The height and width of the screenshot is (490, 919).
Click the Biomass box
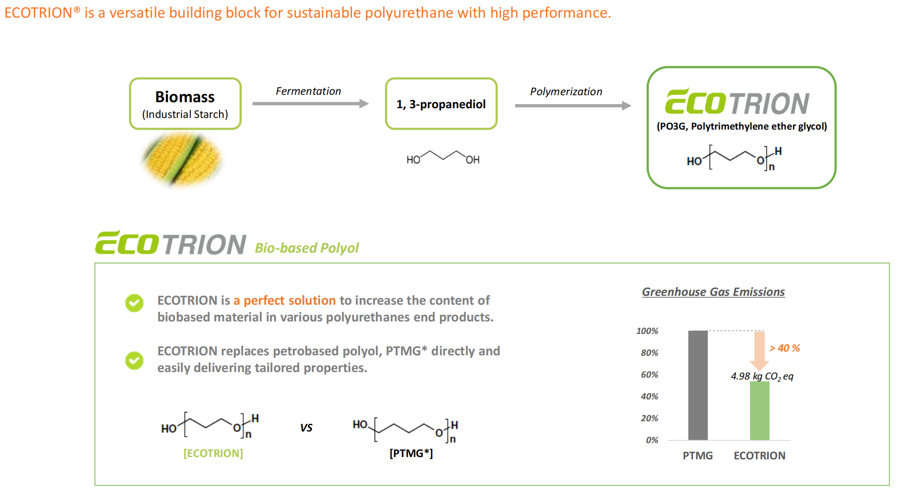[x=185, y=104]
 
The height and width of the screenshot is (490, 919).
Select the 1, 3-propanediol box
[x=441, y=104]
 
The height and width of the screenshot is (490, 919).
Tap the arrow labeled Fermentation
[x=311, y=104]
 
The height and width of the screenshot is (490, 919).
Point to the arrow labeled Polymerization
[x=573, y=105]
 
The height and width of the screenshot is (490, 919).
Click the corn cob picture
[x=182, y=159]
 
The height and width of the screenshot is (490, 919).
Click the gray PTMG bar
[x=698, y=385]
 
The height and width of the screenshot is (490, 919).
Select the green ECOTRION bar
[x=760, y=411]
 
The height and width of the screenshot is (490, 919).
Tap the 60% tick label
[x=649, y=374]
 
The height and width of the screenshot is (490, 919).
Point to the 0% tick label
[x=652, y=440]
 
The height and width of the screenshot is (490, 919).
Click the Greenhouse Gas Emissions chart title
[x=713, y=292]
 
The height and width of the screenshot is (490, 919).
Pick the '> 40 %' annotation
[x=785, y=348]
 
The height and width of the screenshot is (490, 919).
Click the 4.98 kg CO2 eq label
[x=762, y=376]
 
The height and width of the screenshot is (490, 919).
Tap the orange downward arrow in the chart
[x=759, y=351]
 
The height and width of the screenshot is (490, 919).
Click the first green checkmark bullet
[x=134, y=303]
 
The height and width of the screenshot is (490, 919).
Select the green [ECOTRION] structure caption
[x=213, y=453]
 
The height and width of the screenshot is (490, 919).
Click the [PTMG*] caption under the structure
[x=411, y=453]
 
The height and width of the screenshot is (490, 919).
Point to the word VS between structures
[x=306, y=428]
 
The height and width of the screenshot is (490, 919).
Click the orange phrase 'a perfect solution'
[x=285, y=301]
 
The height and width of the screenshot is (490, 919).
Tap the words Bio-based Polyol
[x=307, y=248]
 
